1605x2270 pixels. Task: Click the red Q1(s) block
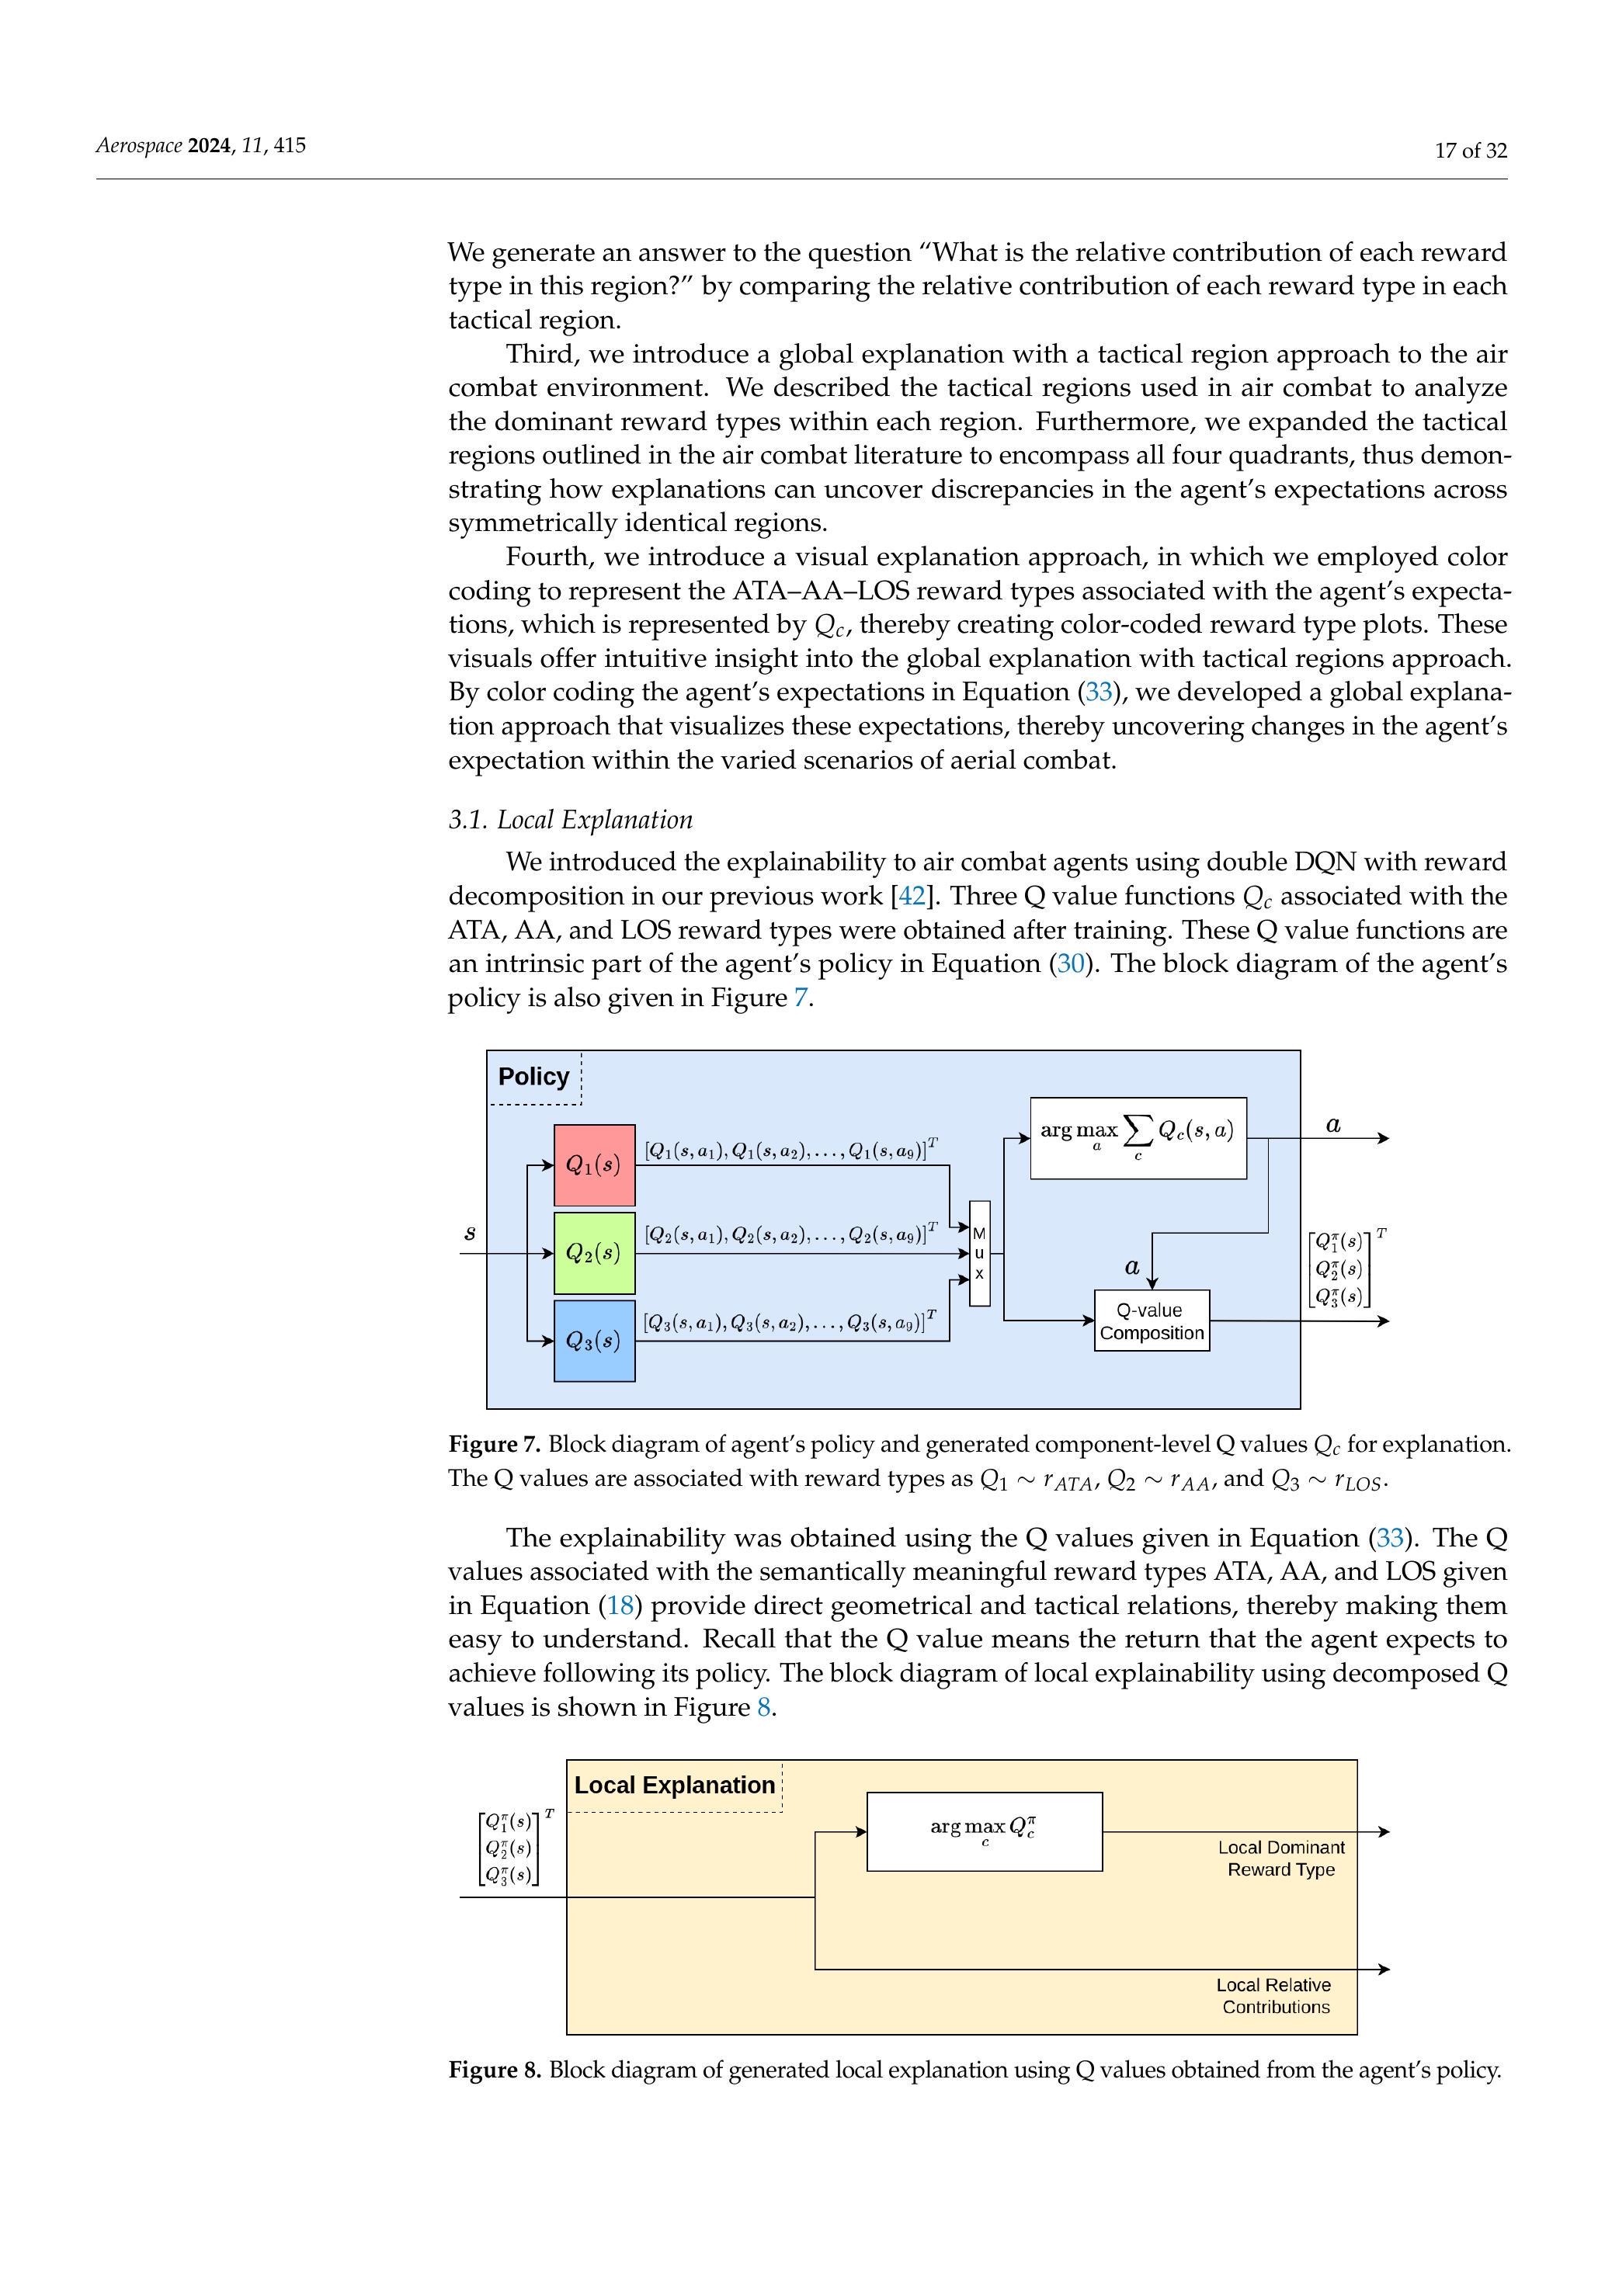coord(593,1165)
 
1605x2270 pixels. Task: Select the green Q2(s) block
coord(593,1253)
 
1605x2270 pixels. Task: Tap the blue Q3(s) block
coord(593,1341)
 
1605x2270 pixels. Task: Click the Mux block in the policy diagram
coord(979,1253)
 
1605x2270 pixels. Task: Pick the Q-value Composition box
coord(1151,1321)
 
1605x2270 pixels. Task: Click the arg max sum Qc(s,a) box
coord(1138,1137)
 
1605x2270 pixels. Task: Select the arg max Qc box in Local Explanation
coord(984,1831)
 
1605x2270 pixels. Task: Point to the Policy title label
coord(533,1077)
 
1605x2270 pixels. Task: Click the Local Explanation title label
coord(675,1785)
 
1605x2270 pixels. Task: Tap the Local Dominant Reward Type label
coord(1280,1858)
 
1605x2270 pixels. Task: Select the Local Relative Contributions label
coord(1275,1995)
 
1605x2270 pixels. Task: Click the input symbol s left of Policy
coord(470,1233)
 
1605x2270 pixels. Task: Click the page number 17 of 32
coord(1471,151)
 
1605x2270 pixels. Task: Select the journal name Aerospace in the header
coord(138,145)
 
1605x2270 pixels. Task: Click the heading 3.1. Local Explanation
coord(571,820)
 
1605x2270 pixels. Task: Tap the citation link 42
coord(911,896)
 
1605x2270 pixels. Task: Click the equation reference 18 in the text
coord(621,1605)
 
